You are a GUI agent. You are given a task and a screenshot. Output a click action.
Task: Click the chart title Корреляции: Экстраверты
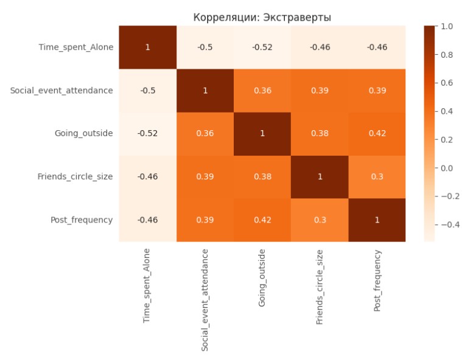(262, 17)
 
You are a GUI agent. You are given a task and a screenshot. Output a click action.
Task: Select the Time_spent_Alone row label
(75, 47)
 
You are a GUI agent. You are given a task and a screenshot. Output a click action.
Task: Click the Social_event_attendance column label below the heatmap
(205, 299)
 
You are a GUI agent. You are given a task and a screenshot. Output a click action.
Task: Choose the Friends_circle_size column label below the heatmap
(320, 286)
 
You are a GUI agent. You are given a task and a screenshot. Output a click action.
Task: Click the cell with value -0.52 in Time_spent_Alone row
(262, 47)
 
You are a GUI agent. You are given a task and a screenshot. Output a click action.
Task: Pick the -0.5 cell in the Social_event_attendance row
(147, 90)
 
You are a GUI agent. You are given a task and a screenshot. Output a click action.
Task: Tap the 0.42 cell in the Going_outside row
(377, 133)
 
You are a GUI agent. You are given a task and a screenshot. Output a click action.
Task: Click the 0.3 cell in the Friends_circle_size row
(377, 176)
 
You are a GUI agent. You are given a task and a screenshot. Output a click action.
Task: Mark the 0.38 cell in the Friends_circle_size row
(262, 176)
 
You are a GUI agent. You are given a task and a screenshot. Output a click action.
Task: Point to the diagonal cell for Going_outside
(262, 133)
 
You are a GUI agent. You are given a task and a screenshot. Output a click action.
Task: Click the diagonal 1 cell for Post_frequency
(377, 220)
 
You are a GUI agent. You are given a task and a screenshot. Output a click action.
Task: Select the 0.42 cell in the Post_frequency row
(262, 220)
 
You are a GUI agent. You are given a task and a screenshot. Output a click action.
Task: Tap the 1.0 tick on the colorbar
(447, 26)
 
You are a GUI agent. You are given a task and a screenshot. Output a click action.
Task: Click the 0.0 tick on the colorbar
(447, 168)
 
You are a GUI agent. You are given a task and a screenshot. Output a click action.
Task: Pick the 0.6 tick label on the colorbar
(447, 83)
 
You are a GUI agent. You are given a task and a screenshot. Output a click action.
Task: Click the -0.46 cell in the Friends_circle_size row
(147, 176)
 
